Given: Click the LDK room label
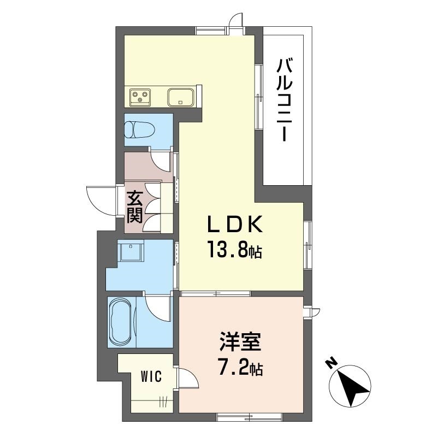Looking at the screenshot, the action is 235,225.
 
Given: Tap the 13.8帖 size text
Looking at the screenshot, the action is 234,250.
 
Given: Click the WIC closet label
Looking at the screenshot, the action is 151,377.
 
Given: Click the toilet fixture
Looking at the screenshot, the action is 140,129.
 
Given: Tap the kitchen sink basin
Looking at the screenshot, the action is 180,97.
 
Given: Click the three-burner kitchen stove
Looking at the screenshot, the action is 140,97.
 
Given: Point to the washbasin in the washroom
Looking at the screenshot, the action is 131,251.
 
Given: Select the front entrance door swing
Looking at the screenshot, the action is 101,200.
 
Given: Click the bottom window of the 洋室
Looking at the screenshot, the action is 250,417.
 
